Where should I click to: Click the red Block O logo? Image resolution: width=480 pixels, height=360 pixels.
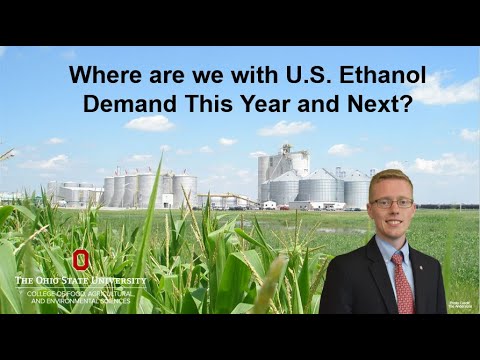[x=80, y=259]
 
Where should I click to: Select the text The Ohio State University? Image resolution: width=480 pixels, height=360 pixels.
[x=80, y=280]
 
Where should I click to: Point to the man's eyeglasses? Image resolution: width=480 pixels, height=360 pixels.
[x=392, y=202]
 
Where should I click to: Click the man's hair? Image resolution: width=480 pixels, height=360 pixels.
[x=390, y=180]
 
